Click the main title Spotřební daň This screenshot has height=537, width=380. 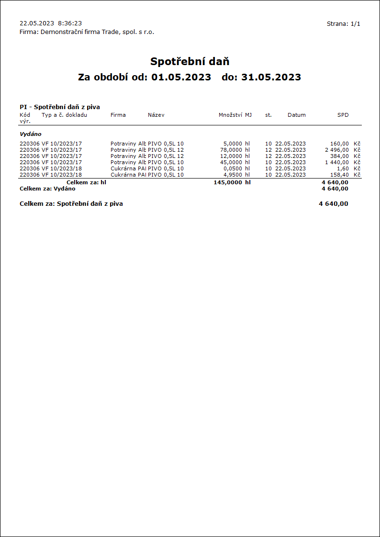point(190,61)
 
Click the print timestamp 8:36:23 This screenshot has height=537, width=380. point(70,23)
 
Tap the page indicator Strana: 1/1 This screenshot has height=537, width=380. point(343,24)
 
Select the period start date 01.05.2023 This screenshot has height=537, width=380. point(181,77)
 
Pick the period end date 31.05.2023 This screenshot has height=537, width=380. point(271,77)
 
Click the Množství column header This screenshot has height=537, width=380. point(230,115)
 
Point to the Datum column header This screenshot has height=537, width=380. point(296,115)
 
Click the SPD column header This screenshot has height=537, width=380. point(343,115)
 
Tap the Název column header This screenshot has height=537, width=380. point(156,115)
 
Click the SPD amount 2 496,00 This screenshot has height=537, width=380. point(336,150)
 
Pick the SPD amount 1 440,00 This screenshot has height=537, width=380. point(336,162)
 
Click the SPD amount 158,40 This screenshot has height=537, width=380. point(339,175)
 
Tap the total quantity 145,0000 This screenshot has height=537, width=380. point(228,182)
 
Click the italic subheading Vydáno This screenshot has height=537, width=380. point(30,134)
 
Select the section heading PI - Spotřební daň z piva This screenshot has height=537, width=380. point(60,107)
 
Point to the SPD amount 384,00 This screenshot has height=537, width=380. point(339,156)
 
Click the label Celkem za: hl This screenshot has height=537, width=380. point(86,182)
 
